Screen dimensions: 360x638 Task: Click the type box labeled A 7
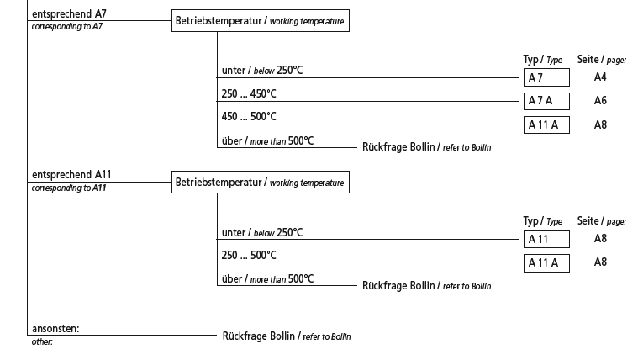(x=546, y=78)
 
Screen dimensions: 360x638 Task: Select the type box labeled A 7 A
(x=546, y=102)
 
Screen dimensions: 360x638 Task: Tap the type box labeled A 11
(x=546, y=240)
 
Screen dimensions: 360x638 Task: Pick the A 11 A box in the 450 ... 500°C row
(x=546, y=125)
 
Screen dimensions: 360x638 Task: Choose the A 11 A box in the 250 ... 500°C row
(x=546, y=263)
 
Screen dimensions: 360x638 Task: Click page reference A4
(x=600, y=77)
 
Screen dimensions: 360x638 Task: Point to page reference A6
(x=600, y=101)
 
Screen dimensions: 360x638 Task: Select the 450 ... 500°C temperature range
(x=249, y=117)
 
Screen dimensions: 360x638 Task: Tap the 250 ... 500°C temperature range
(x=249, y=255)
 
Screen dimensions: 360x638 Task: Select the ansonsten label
(x=61, y=329)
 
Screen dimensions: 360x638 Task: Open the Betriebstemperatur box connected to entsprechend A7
(x=260, y=21)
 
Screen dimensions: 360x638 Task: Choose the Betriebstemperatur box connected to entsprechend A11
(x=260, y=183)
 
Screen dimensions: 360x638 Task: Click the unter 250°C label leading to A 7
(x=261, y=70)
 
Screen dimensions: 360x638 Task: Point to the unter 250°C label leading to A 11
(x=261, y=232)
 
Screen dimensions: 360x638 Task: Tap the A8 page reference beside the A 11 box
(x=600, y=239)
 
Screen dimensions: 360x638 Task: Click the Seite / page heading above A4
(x=601, y=59)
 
